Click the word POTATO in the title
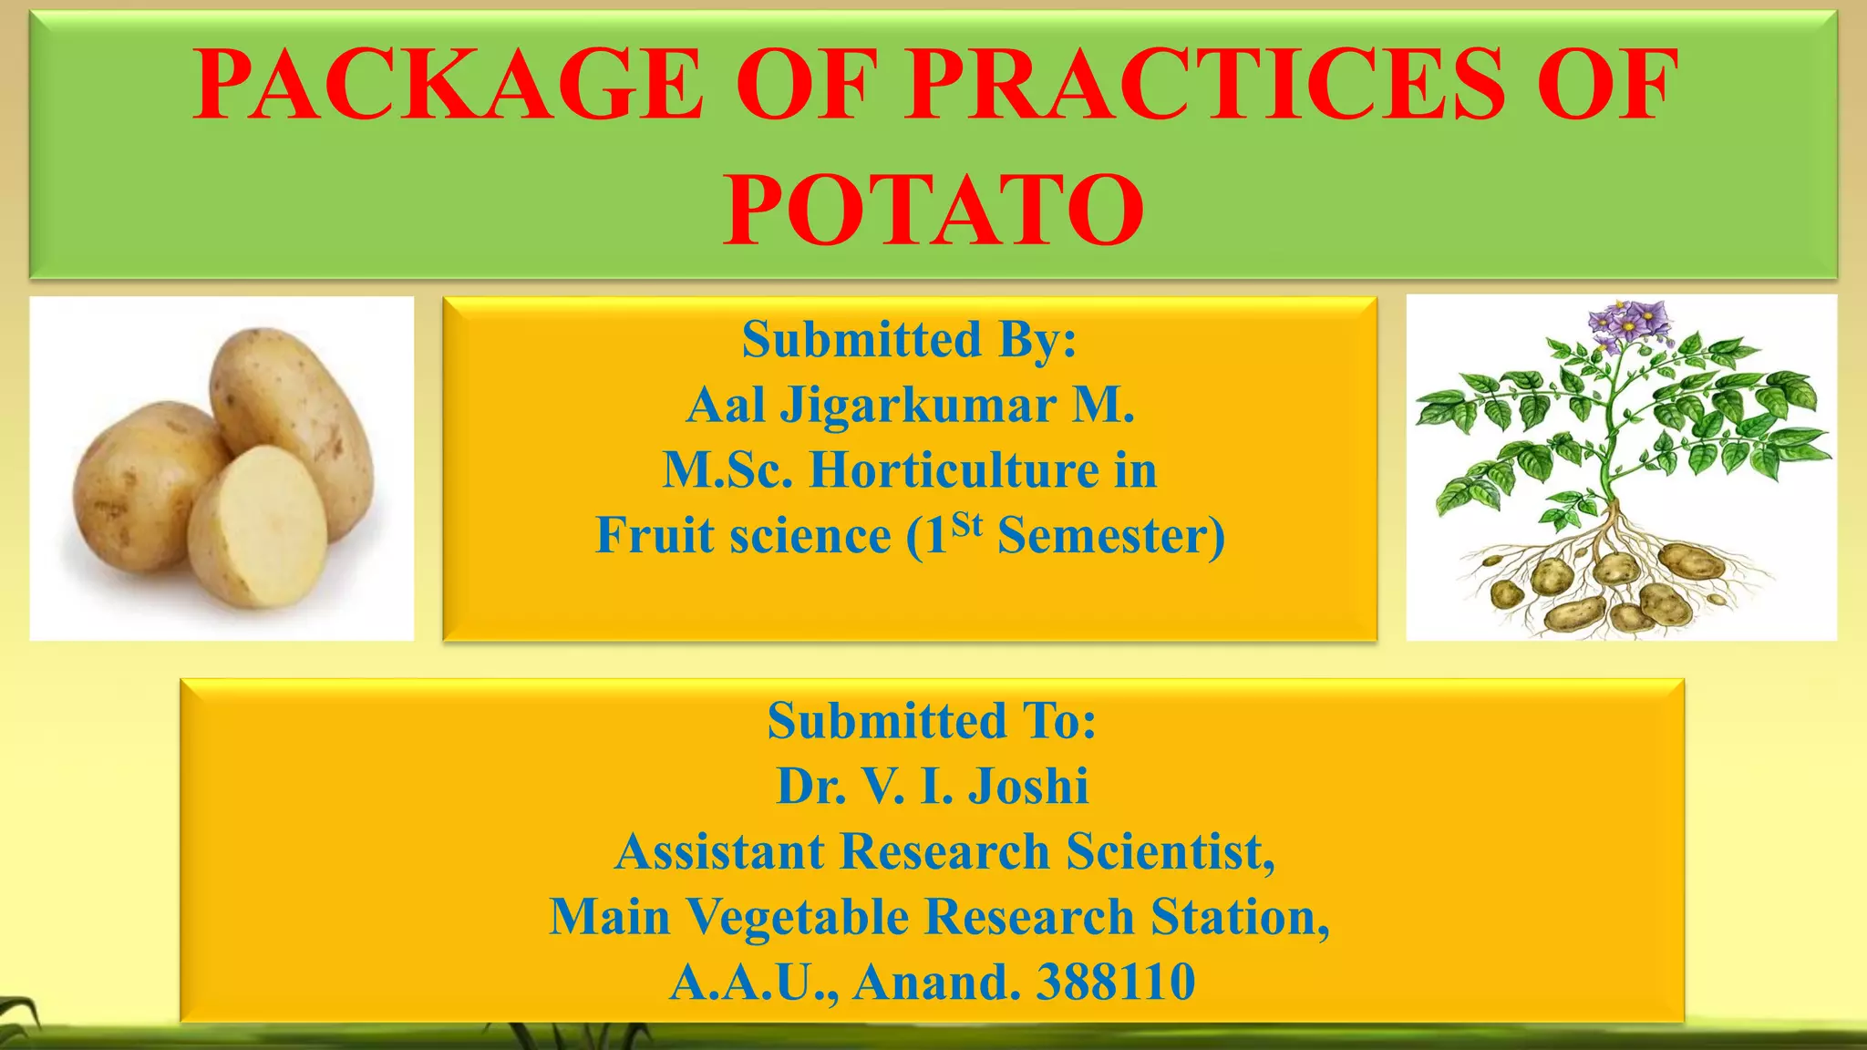(x=933, y=211)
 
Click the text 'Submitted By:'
(x=909, y=339)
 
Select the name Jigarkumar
(x=917, y=405)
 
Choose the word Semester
(x=1110, y=535)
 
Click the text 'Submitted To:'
(x=931, y=721)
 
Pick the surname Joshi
(x=1027, y=786)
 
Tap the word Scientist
(x=1171, y=851)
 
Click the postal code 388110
(x=1116, y=982)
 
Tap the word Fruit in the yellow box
(x=654, y=535)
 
